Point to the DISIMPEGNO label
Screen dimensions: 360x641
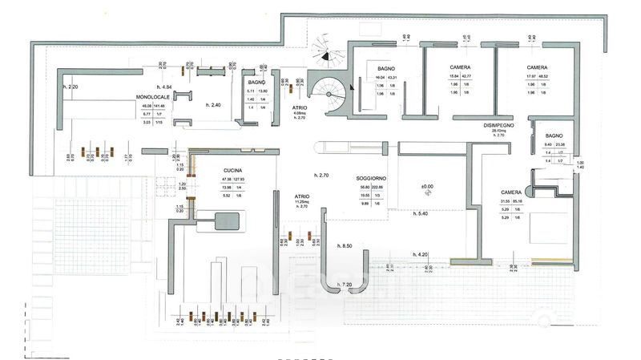[498, 127]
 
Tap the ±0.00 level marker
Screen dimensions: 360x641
[428, 188]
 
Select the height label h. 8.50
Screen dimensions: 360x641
[345, 245]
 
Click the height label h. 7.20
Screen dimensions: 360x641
[345, 285]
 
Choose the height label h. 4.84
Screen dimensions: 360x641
[166, 86]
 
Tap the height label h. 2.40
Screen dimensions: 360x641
[212, 105]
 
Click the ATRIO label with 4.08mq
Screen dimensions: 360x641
[300, 106]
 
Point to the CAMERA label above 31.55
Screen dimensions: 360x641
[510, 192]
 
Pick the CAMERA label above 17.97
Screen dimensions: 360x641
[537, 67]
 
